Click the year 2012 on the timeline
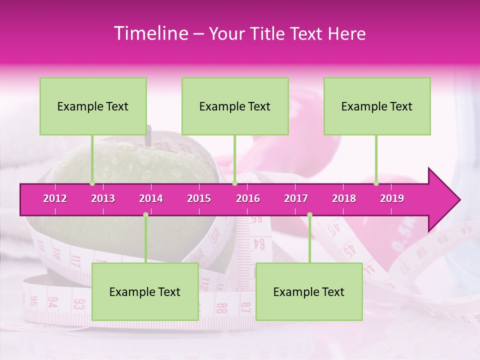tap(55, 198)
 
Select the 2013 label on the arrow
tap(103, 198)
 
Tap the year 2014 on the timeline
tap(151, 198)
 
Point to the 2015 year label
tap(199, 198)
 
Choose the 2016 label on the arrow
tap(248, 198)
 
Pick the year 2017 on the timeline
tap(296, 198)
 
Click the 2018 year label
tap(344, 198)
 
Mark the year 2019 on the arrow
tap(392, 198)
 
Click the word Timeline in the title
tap(150, 33)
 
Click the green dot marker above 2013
tap(92, 183)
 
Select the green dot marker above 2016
tap(234, 183)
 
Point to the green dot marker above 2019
tap(376, 183)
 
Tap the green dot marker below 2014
tap(145, 215)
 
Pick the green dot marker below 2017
tap(309, 215)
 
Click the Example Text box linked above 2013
tap(93, 106)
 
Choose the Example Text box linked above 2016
tap(235, 106)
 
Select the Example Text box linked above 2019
tap(377, 106)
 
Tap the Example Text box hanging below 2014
tap(145, 291)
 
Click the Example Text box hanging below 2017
tap(309, 291)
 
